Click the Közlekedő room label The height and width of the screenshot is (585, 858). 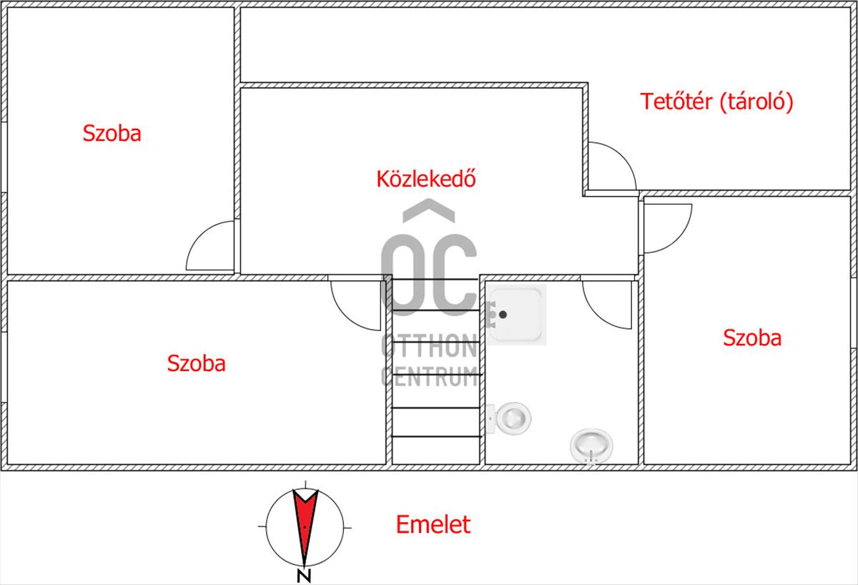point(426,179)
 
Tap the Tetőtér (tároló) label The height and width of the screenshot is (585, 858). point(716,102)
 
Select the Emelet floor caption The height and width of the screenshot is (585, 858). point(433,524)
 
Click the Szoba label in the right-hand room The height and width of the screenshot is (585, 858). point(752,338)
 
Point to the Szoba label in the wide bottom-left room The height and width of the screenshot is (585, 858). point(196,363)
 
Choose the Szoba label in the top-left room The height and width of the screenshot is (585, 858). point(112,133)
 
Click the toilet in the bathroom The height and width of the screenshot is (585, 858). point(508,418)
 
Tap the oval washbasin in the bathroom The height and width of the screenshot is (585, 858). point(591,446)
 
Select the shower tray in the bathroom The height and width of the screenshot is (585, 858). point(516,315)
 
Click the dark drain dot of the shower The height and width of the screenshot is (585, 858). point(503,315)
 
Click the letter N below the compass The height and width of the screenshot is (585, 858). point(304,576)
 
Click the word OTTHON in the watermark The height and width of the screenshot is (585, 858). point(430,345)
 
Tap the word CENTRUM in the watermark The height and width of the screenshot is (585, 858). point(430,376)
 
